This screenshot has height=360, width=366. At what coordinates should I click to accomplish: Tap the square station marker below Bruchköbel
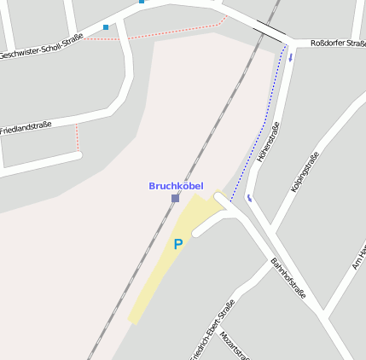tap(175, 198)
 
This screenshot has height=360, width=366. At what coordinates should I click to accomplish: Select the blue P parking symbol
tap(178, 244)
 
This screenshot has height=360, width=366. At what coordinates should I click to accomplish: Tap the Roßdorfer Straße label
tap(337, 42)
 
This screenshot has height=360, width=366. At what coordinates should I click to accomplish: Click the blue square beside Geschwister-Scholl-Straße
tap(106, 27)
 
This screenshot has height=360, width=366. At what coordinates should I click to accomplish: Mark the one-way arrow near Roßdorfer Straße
tap(290, 58)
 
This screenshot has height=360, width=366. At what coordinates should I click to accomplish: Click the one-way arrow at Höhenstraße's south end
tap(250, 198)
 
